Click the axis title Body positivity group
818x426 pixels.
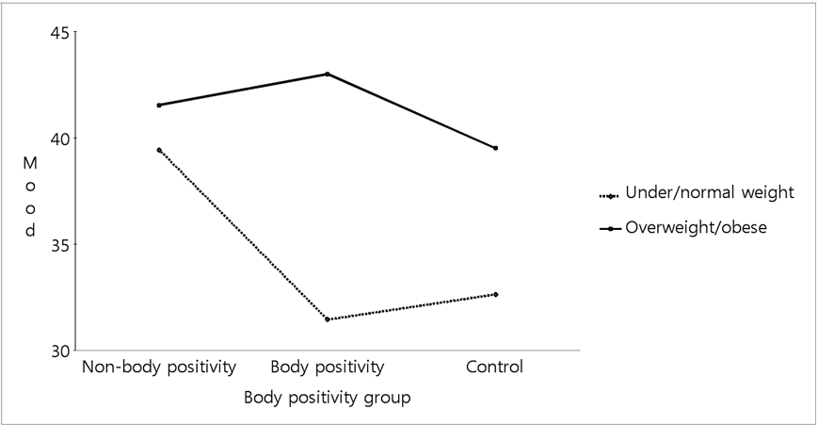click(x=327, y=398)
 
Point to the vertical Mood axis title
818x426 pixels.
click(x=30, y=196)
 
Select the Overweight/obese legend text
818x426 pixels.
click(x=696, y=227)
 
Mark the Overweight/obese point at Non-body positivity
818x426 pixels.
click(x=159, y=105)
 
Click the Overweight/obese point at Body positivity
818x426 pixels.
click(x=327, y=74)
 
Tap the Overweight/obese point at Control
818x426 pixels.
click(x=495, y=148)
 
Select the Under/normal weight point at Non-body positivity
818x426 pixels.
click(x=159, y=150)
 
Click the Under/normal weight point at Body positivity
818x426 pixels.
click(x=327, y=319)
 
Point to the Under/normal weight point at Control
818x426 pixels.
click(x=495, y=294)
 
